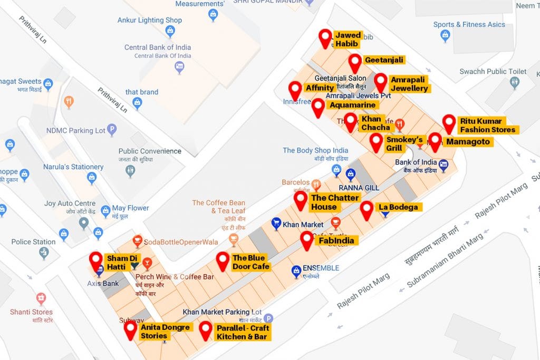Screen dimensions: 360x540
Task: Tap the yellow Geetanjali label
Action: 383,60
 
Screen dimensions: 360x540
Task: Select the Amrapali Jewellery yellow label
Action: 409,84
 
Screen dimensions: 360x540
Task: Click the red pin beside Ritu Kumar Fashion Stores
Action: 449,123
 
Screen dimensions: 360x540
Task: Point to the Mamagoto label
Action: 468,142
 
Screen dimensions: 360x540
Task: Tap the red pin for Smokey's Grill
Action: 376,141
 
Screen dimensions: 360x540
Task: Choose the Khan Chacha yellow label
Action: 375,123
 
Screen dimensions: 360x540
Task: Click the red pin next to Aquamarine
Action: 318,106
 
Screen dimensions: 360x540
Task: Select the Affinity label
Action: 320,88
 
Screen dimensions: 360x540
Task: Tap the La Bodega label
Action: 398,207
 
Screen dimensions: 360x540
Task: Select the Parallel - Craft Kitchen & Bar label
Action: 242,332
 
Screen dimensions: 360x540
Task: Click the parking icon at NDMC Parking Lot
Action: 111,130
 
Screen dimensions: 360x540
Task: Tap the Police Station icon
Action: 44,254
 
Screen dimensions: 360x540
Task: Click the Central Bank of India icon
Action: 180,66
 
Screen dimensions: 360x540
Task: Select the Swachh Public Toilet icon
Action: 515,83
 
